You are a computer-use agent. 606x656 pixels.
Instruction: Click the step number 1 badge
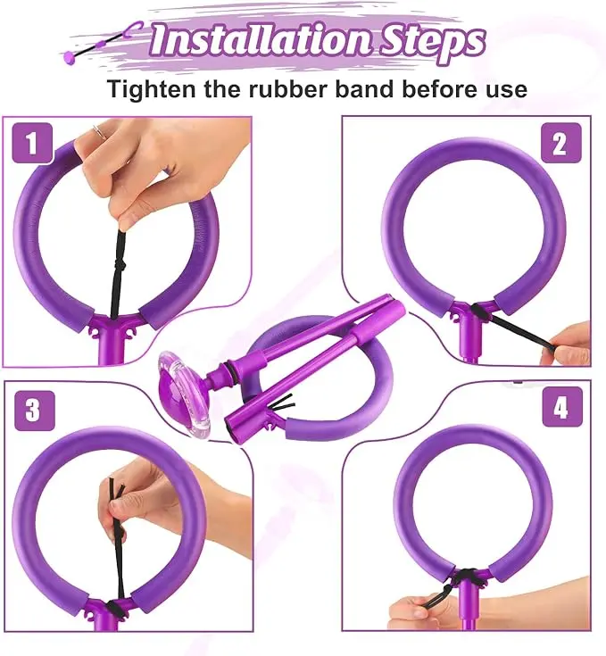[x=32, y=144]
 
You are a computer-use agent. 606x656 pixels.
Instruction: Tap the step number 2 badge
[x=560, y=143]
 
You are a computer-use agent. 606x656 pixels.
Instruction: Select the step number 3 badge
[x=35, y=411]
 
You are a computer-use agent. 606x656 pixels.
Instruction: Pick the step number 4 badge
[x=562, y=407]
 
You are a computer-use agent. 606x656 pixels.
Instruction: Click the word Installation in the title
[x=261, y=40]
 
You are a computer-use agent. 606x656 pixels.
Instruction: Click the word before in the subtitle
[x=440, y=88]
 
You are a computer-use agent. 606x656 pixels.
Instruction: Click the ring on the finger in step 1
[x=100, y=131]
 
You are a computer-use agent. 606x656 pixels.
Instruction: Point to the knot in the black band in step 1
[x=120, y=265]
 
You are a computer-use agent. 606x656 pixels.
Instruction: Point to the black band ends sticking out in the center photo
[x=283, y=403]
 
